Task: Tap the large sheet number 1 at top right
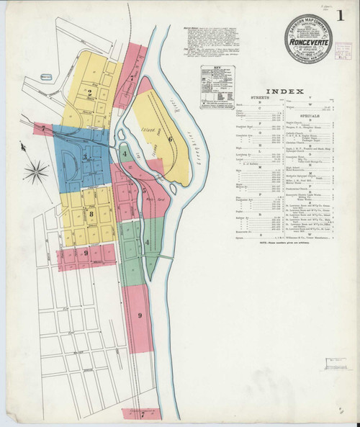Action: pos(338,14)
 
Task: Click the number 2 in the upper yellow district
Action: pos(90,91)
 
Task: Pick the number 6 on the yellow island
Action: pos(170,139)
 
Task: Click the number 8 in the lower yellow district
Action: pos(91,212)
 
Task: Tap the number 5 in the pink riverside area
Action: pos(144,191)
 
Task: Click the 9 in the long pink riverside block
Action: pos(140,315)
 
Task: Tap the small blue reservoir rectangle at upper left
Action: pos(47,76)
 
